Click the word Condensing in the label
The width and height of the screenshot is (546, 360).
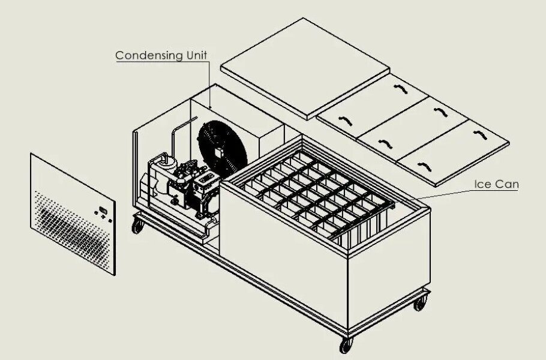(x=149, y=55)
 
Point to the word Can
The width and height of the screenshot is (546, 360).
(x=506, y=184)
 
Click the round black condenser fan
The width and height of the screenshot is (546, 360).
(x=222, y=149)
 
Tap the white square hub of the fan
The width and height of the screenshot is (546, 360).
(x=218, y=152)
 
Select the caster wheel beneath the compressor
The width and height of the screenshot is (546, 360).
(x=137, y=226)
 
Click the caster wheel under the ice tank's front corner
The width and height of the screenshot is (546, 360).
(x=346, y=345)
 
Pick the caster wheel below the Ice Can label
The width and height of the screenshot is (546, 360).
(x=420, y=304)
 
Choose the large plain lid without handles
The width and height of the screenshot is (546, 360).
(x=305, y=68)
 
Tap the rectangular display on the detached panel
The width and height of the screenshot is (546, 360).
(x=103, y=210)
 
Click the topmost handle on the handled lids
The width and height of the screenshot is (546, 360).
(x=401, y=89)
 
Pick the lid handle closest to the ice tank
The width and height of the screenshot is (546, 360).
(x=346, y=121)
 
